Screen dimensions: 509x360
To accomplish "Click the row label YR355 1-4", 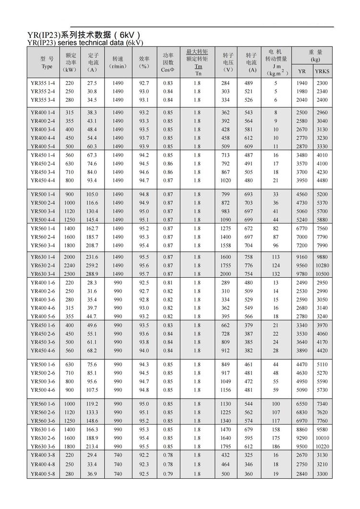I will (43, 83).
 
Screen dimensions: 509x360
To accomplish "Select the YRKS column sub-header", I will (322, 71).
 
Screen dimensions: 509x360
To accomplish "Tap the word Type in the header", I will (47, 67).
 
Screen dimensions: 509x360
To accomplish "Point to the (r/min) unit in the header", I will (118, 66).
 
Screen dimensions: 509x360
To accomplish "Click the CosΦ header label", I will (168, 70).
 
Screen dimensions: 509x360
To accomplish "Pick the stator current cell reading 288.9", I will (92, 273).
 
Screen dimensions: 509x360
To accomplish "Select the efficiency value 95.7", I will (144, 273).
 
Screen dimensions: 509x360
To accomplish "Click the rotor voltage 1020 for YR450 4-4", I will (226, 180).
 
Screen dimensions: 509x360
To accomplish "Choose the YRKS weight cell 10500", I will (322, 273).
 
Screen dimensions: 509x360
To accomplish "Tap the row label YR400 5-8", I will (43, 474).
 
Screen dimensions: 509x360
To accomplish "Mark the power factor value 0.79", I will (168, 474).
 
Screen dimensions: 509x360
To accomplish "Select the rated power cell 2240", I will (70, 265).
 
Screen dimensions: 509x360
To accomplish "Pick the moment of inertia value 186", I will (276, 446).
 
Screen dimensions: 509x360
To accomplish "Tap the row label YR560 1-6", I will (43, 404).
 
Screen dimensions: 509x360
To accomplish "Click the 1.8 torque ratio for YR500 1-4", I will (197, 194).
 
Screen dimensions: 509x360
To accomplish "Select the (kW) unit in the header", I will (70, 70).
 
